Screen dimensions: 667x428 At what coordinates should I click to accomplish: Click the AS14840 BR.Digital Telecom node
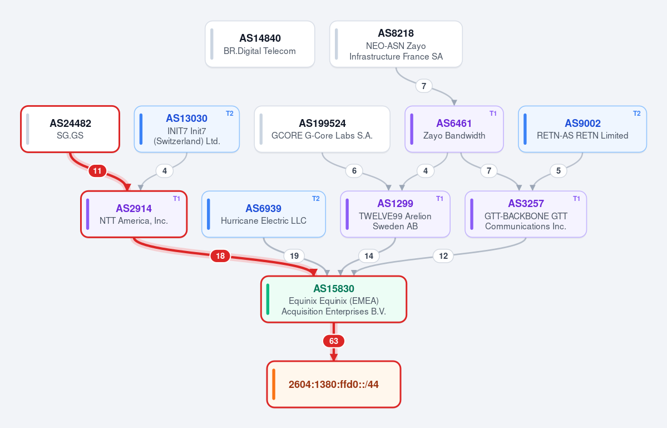[x=260, y=44]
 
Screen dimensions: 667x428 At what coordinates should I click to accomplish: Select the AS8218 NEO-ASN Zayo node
[x=396, y=44]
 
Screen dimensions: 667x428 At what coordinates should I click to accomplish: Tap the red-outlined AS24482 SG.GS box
[x=70, y=129]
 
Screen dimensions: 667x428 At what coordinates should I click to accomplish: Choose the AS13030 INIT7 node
[x=187, y=129]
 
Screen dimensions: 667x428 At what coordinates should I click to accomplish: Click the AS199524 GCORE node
[x=322, y=129]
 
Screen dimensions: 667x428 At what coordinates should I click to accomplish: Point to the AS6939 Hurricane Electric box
[x=264, y=214]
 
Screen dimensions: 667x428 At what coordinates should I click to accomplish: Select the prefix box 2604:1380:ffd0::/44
[x=334, y=384]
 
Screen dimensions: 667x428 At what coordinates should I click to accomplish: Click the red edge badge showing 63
[x=334, y=341]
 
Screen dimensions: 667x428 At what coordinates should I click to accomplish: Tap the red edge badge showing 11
[x=97, y=171]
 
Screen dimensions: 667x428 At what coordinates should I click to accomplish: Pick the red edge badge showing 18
[x=220, y=255]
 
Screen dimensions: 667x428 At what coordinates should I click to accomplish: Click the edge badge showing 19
[x=294, y=255]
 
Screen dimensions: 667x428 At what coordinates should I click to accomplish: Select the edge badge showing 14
[x=369, y=255]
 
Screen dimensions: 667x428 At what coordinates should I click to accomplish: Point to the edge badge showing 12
[x=443, y=255]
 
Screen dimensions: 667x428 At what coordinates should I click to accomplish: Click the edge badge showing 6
[x=354, y=171]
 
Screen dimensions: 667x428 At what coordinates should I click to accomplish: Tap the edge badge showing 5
[x=559, y=171]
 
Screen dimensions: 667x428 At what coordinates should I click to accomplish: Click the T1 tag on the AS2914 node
[x=176, y=199]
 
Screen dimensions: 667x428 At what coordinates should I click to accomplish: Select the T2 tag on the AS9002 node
[x=637, y=114]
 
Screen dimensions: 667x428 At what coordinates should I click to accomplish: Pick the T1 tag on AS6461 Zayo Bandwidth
[x=493, y=114]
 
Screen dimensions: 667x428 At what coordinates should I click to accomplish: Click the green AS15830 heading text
[x=334, y=288]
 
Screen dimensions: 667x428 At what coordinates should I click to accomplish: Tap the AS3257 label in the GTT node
[x=526, y=203]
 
